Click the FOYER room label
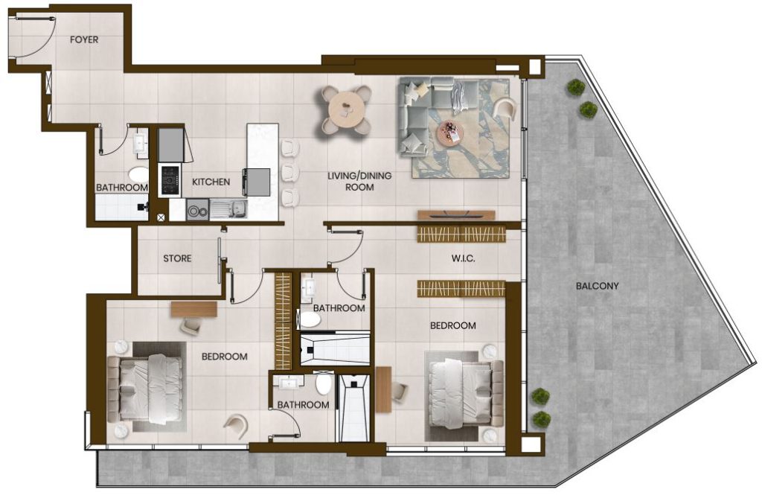(x=84, y=40)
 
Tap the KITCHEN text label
(x=211, y=182)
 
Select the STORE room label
(x=177, y=258)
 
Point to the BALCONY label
(x=598, y=286)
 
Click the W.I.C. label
(x=463, y=258)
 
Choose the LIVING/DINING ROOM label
(x=359, y=181)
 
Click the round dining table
(x=346, y=110)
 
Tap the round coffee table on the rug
(x=450, y=133)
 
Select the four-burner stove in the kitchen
(x=170, y=180)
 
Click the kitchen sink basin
(x=228, y=209)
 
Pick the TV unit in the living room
(x=456, y=215)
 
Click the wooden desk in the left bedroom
(x=193, y=310)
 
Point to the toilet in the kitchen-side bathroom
(x=138, y=174)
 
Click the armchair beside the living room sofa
(x=505, y=109)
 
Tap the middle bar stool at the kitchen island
(x=290, y=171)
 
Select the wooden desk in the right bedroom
(x=383, y=389)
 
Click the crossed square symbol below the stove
(x=161, y=218)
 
